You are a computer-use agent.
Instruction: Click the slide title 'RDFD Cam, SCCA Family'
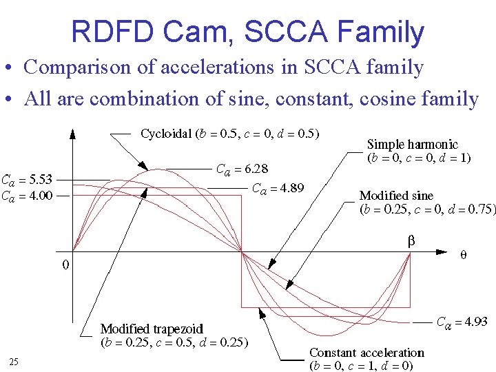click(x=248, y=32)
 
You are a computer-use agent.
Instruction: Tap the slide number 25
click(x=14, y=362)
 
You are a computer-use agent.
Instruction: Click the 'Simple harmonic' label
click(x=412, y=145)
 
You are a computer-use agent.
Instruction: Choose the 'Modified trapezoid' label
click(x=152, y=328)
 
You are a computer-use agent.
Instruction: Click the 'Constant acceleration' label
click(x=366, y=353)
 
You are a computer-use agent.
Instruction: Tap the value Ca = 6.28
click(x=242, y=169)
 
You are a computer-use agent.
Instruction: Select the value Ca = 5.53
click(x=26, y=180)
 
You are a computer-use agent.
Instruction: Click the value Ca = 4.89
click(x=278, y=188)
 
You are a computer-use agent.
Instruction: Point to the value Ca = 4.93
click(x=462, y=322)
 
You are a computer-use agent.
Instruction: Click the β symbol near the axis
click(x=411, y=242)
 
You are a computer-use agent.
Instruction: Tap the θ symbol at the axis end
click(x=463, y=255)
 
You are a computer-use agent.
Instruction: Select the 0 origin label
click(x=65, y=264)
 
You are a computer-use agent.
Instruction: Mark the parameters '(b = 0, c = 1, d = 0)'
click(x=361, y=366)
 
